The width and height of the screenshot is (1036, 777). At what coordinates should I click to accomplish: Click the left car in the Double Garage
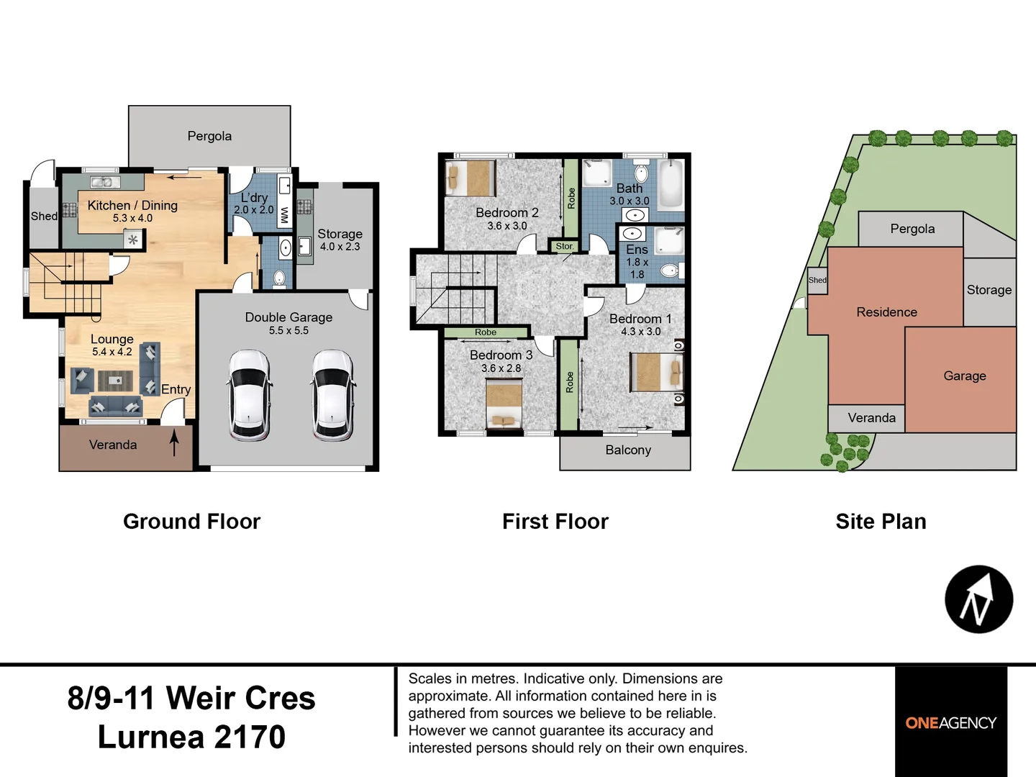click(x=250, y=396)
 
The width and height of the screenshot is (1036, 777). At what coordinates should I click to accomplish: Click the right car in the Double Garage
click(x=332, y=396)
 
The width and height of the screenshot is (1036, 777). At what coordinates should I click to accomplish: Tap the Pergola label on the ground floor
click(x=209, y=137)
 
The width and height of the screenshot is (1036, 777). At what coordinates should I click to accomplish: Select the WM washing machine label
click(x=285, y=215)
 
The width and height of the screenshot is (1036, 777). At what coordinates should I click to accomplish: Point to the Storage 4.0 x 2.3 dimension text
click(x=340, y=246)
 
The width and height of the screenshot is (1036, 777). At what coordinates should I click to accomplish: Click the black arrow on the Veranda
click(x=174, y=442)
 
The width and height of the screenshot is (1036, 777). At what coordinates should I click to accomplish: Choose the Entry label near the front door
click(x=176, y=389)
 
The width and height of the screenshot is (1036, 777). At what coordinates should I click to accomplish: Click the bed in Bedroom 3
click(x=504, y=405)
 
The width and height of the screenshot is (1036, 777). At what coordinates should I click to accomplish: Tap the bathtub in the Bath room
click(x=671, y=186)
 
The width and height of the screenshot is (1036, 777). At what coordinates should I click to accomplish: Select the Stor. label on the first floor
click(x=565, y=246)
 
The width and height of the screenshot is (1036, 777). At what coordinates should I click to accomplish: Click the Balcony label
click(x=628, y=450)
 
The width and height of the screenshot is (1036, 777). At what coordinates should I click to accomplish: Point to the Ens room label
click(x=637, y=250)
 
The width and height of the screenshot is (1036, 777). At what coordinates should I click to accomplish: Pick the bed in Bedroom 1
click(x=657, y=372)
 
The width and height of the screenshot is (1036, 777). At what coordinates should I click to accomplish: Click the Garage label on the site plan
click(x=965, y=376)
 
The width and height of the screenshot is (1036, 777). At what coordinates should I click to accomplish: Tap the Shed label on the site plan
click(x=817, y=281)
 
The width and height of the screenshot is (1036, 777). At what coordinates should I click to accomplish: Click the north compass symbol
click(x=979, y=599)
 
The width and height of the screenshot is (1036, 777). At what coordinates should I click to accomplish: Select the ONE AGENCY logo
click(x=951, y=723)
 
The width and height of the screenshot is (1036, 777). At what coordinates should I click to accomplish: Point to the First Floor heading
click(x=555, y=522)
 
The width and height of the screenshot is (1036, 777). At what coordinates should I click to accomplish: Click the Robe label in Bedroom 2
click(x=571, y=199)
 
